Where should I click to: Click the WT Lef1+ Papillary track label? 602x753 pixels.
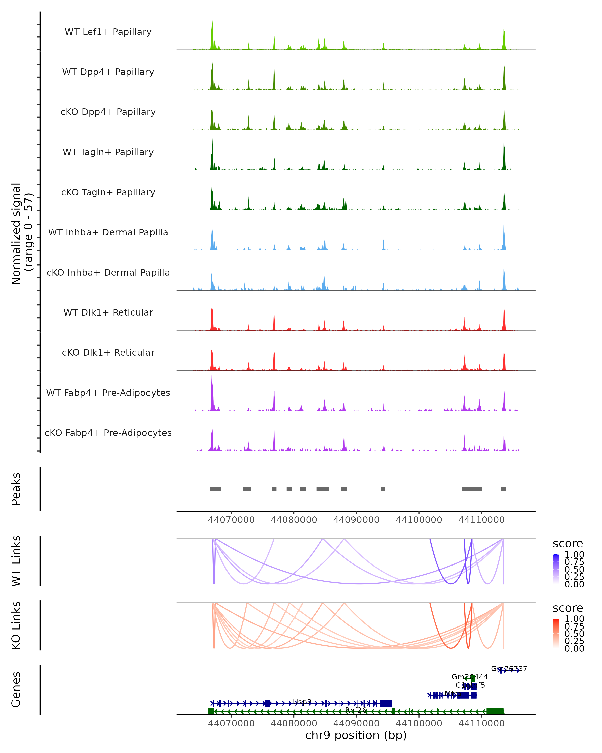point(108,32)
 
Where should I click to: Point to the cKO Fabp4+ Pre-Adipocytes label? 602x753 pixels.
point(108,433)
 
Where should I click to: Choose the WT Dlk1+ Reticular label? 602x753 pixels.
point(108,312)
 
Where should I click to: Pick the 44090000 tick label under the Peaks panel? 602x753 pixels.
point(356,520)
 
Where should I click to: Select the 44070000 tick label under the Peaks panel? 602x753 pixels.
point(231,520)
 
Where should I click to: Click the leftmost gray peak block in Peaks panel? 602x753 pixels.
point(215,489)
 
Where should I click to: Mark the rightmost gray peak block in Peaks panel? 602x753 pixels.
point(503,489)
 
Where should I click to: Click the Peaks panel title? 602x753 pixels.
point(16,489)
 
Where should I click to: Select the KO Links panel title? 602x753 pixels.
point(16,625)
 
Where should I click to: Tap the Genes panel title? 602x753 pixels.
point(16,689)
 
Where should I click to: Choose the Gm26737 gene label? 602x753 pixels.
point(509,668)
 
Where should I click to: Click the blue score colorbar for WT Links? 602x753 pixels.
point(556,569)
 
